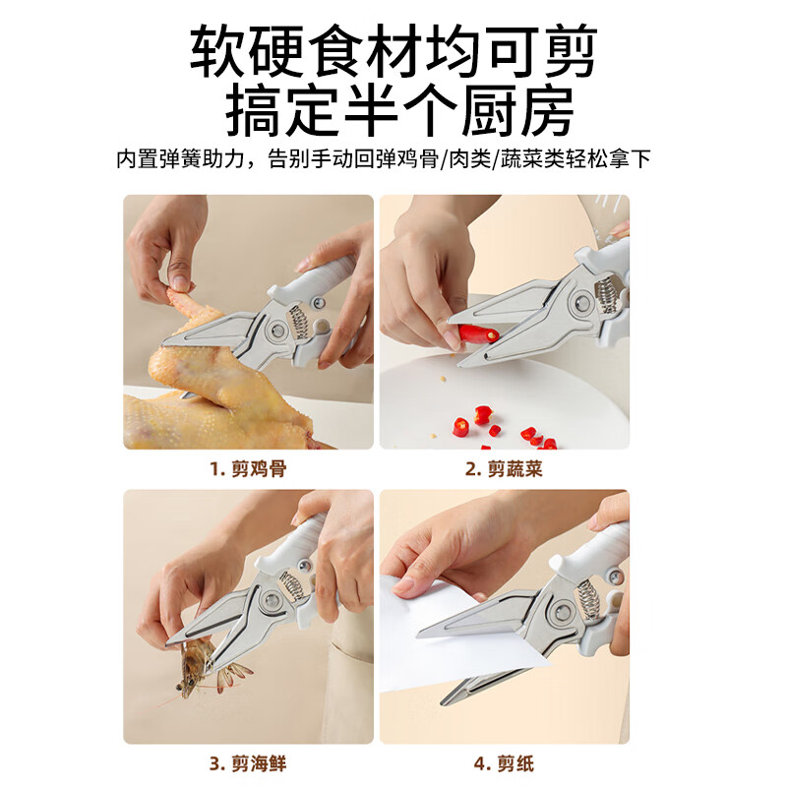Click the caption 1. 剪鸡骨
click(247, 469)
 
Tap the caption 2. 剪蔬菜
click(504, 469)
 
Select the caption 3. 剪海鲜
click(247, 762)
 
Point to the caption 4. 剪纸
click(504, 762)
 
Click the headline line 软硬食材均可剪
click(393, 51)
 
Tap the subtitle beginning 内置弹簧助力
click(384, 159)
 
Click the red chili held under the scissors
click(472, 332)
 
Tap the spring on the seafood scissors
click(291, 588)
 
